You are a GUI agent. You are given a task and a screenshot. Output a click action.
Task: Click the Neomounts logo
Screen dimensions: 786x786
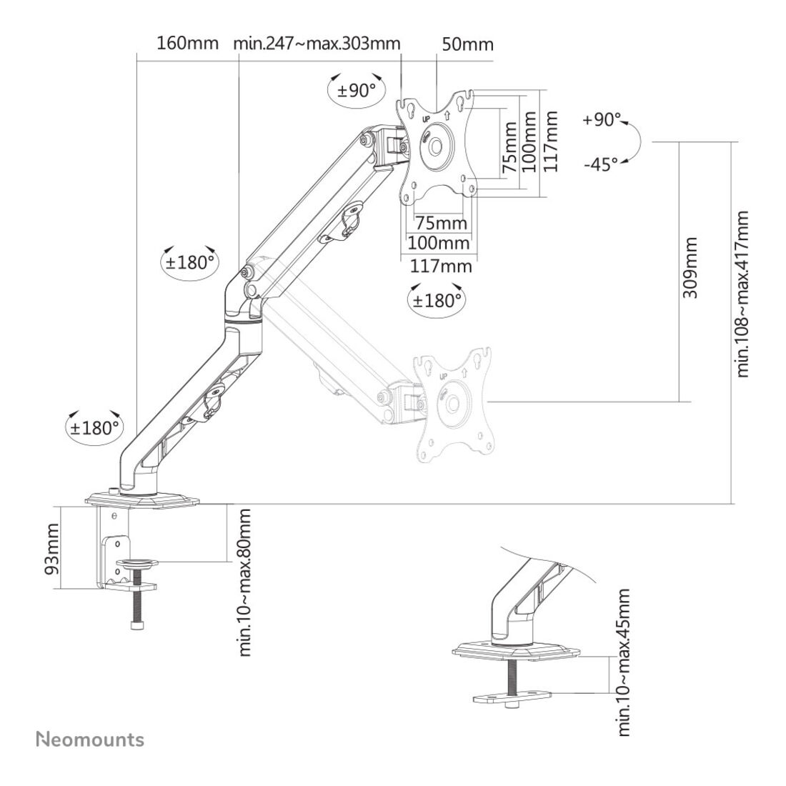[x=90, y=740]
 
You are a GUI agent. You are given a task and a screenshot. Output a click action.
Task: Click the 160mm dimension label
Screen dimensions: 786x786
[x=188, y=43]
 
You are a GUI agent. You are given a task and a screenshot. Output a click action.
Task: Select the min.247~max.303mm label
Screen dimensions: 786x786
[x=317, y=44]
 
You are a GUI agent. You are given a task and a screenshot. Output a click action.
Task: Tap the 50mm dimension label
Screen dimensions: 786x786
[x=468, y=44]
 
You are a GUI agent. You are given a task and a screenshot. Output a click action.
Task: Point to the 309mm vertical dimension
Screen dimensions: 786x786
[x=690, y=268]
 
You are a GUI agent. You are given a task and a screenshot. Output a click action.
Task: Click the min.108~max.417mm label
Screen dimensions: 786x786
[x=742, y=294]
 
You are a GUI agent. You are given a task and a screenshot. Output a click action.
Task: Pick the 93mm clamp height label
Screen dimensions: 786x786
[x=51, y=549]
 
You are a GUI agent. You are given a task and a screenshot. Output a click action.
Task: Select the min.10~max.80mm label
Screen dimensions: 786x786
[x=244, y=582]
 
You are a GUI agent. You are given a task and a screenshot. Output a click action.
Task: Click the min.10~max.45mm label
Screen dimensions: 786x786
[x=623, y=662]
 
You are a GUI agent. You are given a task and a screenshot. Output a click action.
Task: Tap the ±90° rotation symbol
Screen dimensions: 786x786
[x=356, y=90]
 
